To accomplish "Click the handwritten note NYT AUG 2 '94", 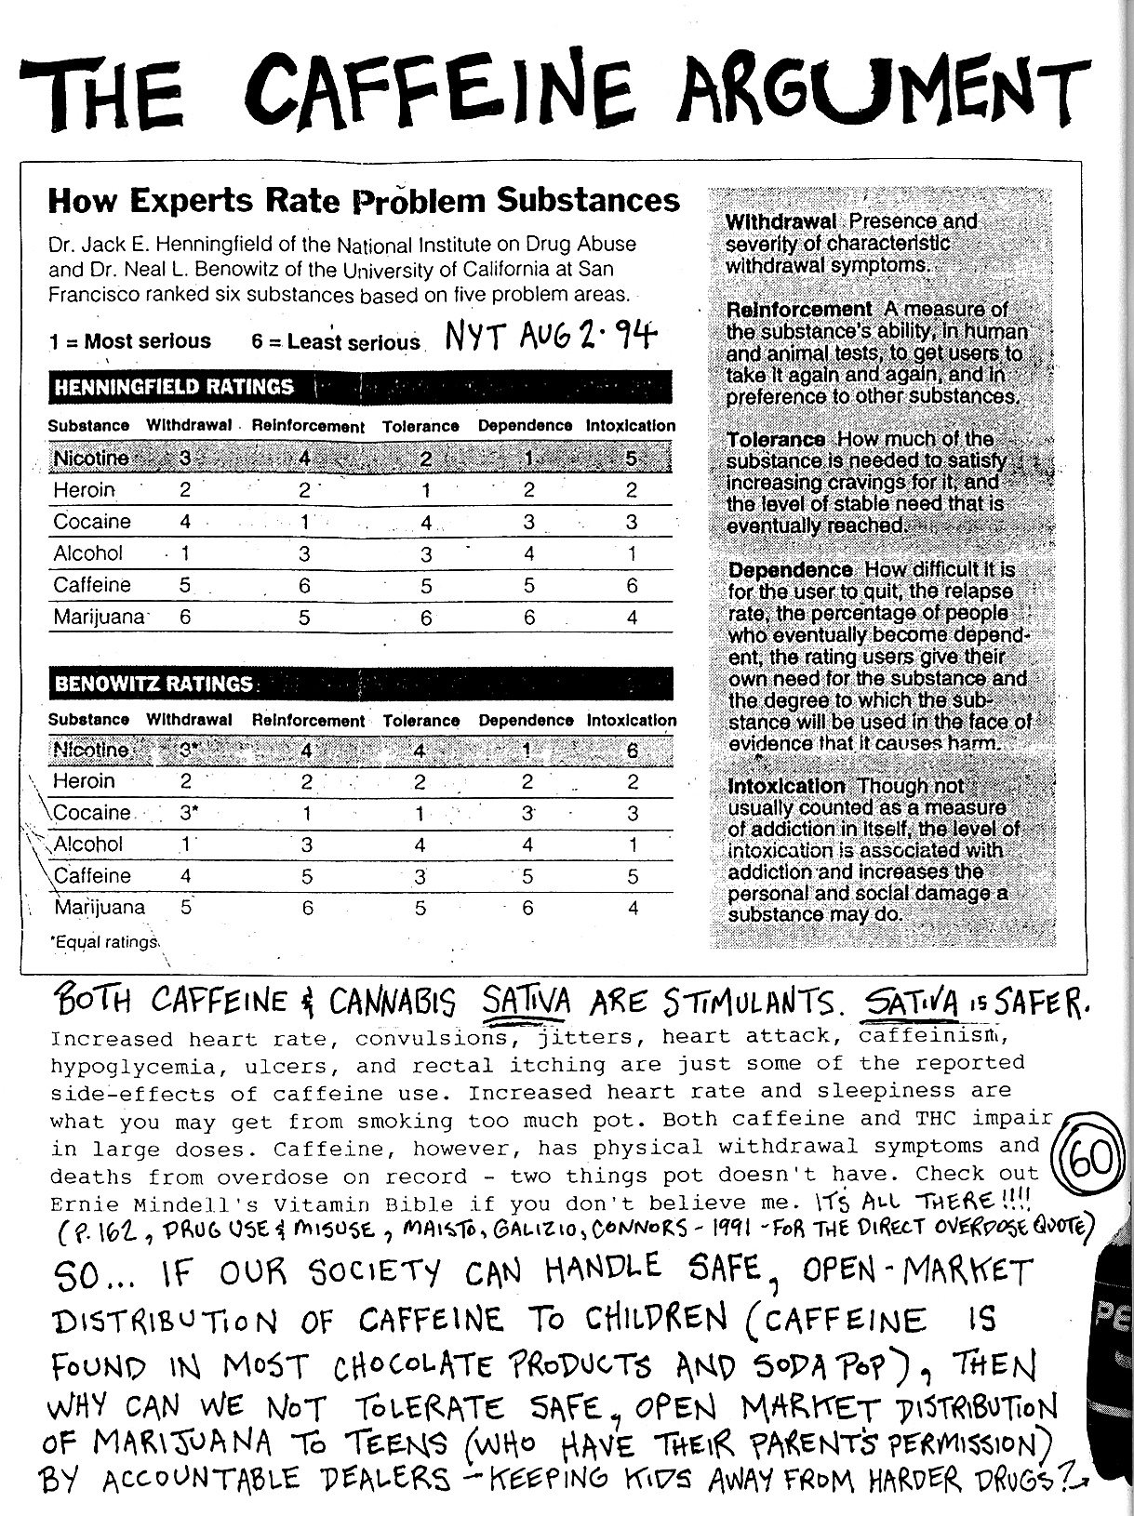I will click(550, 334).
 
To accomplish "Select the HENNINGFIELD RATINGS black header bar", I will click(359, 387).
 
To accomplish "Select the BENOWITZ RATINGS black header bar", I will click(359, 684).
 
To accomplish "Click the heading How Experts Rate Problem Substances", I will click(364, 200).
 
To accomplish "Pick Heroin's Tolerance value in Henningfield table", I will click(425, 490).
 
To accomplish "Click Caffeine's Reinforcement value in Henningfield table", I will click(304, 586).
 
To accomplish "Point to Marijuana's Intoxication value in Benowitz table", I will click(633, 907).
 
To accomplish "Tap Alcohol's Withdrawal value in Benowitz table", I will click(186, 844).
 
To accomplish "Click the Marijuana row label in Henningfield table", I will click(99, 617).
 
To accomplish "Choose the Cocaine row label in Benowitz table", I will click(92, 813).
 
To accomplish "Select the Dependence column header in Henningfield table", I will click(525, 426).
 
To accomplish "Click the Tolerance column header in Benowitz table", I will click(420, 721).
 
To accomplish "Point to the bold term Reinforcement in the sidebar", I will click(799, 310).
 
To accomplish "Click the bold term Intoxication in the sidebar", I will click(787, 787).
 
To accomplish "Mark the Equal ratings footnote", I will click(104, 942).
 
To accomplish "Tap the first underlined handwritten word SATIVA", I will click(526, 1003).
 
